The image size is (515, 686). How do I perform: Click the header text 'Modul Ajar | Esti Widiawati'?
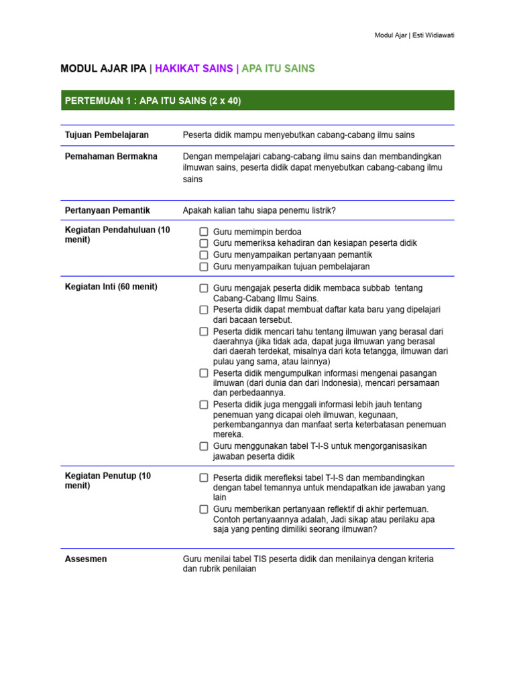click(x=414, y=35)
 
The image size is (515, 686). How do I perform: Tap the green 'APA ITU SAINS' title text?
click(x=278, y=68)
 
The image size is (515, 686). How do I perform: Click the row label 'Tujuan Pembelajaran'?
click(x=107, y=135)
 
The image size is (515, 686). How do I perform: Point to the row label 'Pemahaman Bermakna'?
click(x=111, y=156)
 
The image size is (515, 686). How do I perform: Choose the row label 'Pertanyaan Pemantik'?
click(x=107, y=210)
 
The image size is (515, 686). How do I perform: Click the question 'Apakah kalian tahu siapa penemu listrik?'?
click(x=259, y=210)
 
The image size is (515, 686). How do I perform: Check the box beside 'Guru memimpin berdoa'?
click(x=203, y=232)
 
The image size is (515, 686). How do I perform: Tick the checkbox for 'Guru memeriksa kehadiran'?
click(x=203, y=243)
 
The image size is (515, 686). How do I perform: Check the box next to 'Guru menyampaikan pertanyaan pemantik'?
click(x=203, y=255)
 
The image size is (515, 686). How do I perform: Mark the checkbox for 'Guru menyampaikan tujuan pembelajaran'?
click(x=203, y=267)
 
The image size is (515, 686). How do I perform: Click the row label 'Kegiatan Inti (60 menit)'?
click(x=111, y=287)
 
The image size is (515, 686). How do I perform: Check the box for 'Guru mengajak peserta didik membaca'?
click(x=203, y=288)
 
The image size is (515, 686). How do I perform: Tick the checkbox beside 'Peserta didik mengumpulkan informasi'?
click(x=203, y=372)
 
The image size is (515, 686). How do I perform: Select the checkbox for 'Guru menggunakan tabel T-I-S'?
click(x=203, y=446)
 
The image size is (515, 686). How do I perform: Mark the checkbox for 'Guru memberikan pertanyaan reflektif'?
click(x=203, y=510)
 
